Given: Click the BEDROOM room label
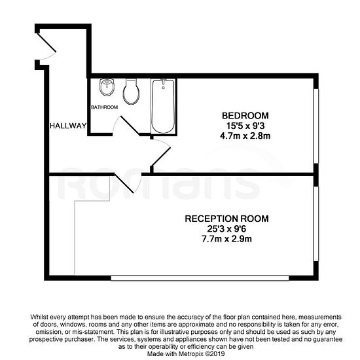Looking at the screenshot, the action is click(245, 115).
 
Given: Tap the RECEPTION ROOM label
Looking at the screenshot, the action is click(226, 219).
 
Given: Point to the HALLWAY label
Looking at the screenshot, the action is click(68, 126).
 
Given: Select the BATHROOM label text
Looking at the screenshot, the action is click(105, 107).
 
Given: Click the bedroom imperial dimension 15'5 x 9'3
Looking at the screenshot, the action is click(245, 126).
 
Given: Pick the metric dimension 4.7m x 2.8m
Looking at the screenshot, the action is click(245, 136).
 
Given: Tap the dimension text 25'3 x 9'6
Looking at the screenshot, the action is click(226, 228).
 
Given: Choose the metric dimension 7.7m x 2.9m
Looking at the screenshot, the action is click(226, 239).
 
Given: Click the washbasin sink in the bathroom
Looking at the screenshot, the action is click(107, 87).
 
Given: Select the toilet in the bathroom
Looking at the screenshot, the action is click(131, 92).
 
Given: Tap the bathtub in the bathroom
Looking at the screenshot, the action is click(163, 106).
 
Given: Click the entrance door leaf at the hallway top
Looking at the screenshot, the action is click(46, 43).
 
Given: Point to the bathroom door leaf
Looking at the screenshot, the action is click(130, 126).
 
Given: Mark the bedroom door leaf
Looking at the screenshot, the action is click(161, 156).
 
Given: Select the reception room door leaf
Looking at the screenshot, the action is click(124, 183).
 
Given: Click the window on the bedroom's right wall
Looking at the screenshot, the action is click(316, 126).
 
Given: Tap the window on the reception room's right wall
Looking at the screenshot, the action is click(316, 224).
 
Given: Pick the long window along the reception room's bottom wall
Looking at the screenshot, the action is click(200, 278).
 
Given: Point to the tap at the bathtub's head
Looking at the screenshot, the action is click(163, 82).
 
